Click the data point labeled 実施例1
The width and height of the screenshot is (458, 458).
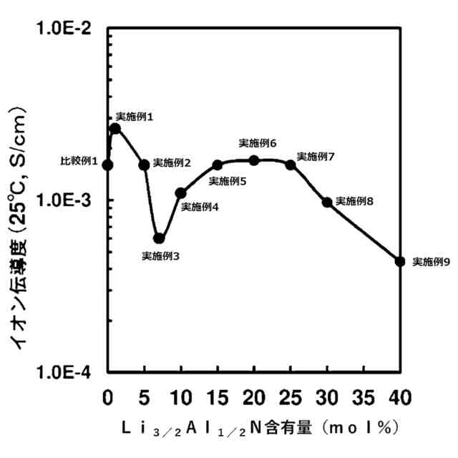point(115,129)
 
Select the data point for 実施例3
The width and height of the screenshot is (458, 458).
point(159,238)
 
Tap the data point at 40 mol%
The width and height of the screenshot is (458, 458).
point(400,262)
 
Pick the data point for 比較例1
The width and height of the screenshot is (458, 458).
point(108,165)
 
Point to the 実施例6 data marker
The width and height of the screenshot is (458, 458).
point(254,160)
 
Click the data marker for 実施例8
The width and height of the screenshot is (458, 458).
point(327,203)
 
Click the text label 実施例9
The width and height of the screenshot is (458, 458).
point(432,263)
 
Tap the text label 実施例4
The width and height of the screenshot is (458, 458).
point(200,207)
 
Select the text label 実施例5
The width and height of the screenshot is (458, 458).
point(228,181)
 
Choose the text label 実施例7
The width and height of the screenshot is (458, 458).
point(316,156)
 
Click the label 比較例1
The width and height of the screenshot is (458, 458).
point(79,162)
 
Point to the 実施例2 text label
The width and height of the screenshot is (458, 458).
point(172,163)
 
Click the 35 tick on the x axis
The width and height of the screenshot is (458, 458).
point(364,396)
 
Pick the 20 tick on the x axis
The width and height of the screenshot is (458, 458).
point(254,396)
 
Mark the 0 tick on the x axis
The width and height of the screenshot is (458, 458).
point(108,396)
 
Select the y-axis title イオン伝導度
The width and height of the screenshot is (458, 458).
point(20,229)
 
